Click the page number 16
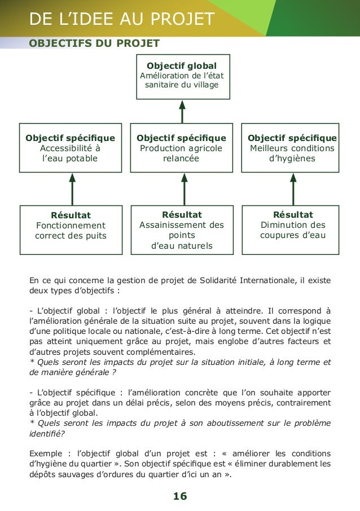[181, 496]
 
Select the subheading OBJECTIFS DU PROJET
[94, 43]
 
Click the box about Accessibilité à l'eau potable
[71, 148]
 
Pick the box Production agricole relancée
[181, 148]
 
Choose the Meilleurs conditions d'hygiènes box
[292, 148]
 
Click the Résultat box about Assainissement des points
[181, 230]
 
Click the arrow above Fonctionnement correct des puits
[72, 190]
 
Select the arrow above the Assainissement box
[182, 190]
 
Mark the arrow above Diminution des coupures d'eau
[293, 190]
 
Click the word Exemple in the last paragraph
[47, 453]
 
